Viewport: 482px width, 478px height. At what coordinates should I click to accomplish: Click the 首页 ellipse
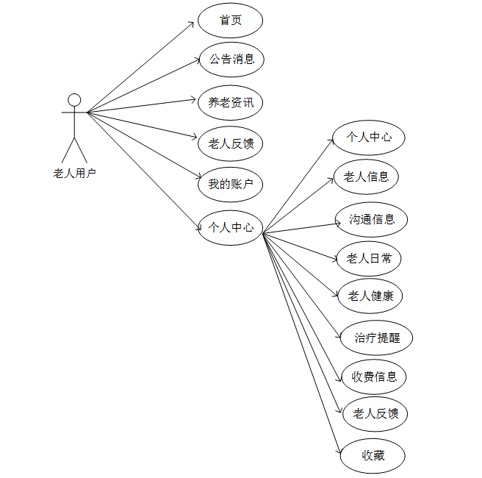pyautogui.click(x=230, y=21)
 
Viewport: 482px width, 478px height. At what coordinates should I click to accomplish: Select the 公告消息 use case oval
pyautogui.click(x=231, y=60)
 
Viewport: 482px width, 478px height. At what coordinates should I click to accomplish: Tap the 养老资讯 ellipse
pyautogui.click(x=231, y=103)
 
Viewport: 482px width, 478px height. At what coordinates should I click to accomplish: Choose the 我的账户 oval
pyautogui.click(x=231, y=185)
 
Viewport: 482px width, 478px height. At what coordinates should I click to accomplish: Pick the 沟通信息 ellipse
pyautogui.click(x=372, y=219)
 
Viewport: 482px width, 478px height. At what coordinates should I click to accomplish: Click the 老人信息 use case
pyautogui.click(x=366, y=176)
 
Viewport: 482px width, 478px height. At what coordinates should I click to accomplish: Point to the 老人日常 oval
pyautogui.click(x=369, y=258)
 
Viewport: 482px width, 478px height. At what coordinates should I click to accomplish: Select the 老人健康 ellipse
pyautogui.click(x=370, y=296)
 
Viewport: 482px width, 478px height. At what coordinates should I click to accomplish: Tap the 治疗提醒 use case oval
pyautogui.click(x=376, y=338)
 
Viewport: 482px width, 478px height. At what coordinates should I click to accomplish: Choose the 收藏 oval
pyautogui.click(x=373, y=456)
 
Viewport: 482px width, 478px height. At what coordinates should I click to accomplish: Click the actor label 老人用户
pyautogui.click(x=74, y=174)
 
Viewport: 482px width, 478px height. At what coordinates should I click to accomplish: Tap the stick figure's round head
pyautogui.click(x=74, y=100)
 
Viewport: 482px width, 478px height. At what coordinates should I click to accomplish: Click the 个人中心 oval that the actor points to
pyautogui.click(x=231, y=227)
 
